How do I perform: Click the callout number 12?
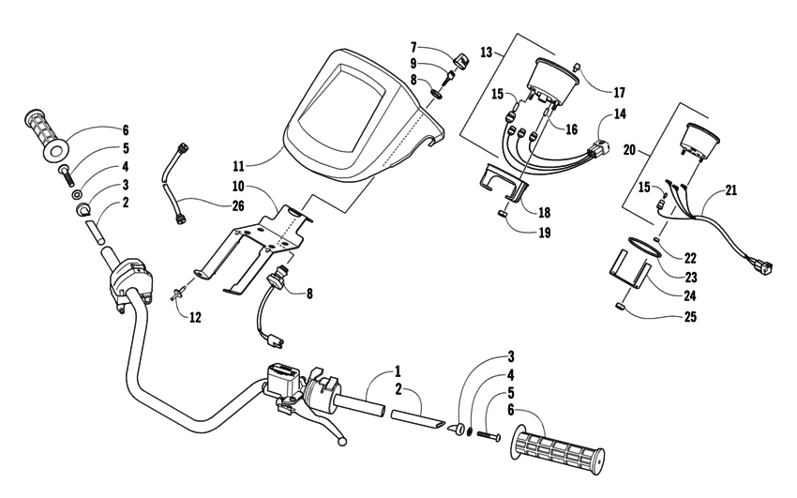pyautogui.click(x=195, y=317)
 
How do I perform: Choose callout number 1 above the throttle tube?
pyautogui.click(x=371, y=371)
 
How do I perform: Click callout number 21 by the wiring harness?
pyautogui.click(x=731, y=191)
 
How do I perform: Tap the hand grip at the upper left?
pyautogui.click(x=44, y=134)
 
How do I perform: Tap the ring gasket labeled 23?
pyautogui.click(x=639, y=250)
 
